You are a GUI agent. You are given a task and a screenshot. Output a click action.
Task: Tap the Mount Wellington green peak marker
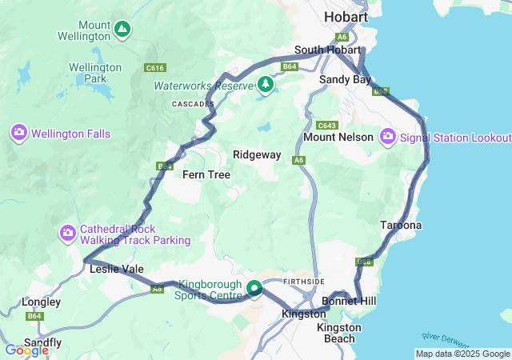pyautogui.click(x=122, y=30)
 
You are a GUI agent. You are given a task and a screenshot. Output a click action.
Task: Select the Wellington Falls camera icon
pyautogui.click(x=19, y=133)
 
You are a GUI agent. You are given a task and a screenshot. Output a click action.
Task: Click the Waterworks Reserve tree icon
pyautogui.click(x=266, y=83)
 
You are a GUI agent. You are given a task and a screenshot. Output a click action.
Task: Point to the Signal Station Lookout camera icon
pyautogui.click(x=389, y=137)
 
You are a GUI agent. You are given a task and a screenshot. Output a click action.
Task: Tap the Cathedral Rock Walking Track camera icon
pyautogui.click(x=68, y=234)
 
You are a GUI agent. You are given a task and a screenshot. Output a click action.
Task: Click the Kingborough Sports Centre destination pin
pyautogui.click(x=255, y=288)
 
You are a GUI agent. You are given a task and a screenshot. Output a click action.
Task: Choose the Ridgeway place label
pyautogui.click(x=256, y=154)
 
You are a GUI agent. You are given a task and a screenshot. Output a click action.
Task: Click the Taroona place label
pyautogui.click(x=401, y=226)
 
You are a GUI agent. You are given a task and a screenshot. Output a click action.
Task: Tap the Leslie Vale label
pyautogui.click(x=117, y=270)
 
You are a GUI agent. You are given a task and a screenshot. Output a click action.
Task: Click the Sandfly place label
pyautogui.click(x=43, y=342)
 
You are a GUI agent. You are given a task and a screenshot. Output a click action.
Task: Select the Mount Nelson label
pyautogui.click(x=338, y=137)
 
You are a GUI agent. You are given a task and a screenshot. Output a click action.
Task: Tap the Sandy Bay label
pyautogui.click(x=345, y=80)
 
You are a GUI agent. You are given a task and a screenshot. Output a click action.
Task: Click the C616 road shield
pyautogui.click(x=155, y=68)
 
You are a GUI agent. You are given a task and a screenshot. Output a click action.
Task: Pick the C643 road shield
pyautogui.click(x=326, y=126)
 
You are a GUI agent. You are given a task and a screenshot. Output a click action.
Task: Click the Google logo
pyautogui.click(x=26, y=350)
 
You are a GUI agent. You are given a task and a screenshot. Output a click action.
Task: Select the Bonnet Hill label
pyautogui.click(x=349, y=301)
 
